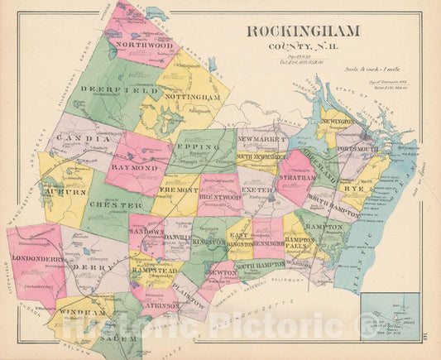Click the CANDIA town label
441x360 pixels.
(79, 138)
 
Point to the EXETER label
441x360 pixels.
(256, 190)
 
